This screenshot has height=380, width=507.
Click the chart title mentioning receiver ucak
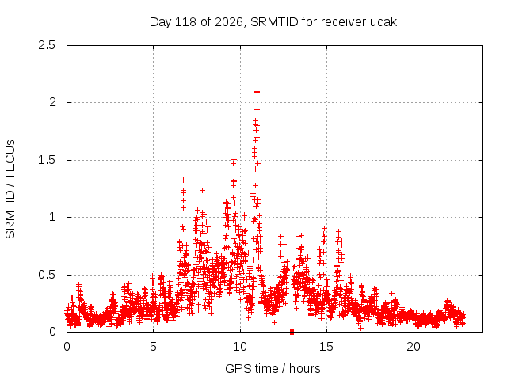click(273, 22)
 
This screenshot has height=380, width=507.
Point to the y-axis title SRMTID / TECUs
click(10, 189)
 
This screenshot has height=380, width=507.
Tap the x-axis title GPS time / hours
click(273, 368)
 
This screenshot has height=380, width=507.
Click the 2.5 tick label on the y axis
click(47, 45)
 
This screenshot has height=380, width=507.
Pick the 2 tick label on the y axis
click(52, 102)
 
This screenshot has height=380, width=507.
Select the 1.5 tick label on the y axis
click(47, 160)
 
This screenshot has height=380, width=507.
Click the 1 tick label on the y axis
click(52, 217)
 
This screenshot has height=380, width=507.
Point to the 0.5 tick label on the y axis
click(47, 275)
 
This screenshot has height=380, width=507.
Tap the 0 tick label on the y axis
click(52, 332)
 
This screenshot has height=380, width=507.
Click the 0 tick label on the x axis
click(67, 347)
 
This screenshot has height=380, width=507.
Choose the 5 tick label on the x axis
click(153, 347)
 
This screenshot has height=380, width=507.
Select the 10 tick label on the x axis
click(240, 347)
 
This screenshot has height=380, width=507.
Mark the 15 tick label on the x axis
click(326, 347)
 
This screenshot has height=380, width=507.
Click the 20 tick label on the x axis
click(414, 347)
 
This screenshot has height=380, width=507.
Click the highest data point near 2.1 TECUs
click(257, 92)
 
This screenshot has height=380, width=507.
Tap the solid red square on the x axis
click(292, 332)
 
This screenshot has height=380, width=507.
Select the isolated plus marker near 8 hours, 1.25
click(203, 190)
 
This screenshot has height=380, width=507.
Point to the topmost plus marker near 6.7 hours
click(183, 180)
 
